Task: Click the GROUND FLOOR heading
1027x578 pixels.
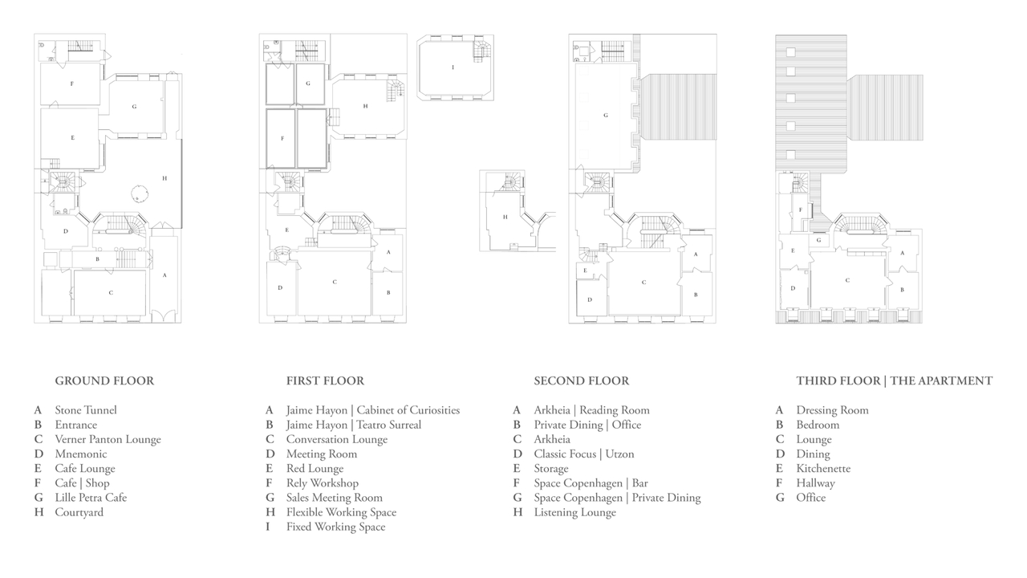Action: coord(104,381)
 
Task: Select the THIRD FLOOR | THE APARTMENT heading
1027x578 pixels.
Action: coord(894,381)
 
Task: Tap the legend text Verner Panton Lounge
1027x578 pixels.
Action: coord(108,439)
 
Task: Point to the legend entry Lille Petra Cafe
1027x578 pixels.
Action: coord(91,498)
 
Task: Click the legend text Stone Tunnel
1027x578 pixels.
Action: coord(86,410)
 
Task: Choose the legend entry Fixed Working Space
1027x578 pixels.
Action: coord(335,527)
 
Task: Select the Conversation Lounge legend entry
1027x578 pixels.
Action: coord(337,439)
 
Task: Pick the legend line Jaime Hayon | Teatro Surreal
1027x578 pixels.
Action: coord(354,425)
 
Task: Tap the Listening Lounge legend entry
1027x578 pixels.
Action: coord(575,512)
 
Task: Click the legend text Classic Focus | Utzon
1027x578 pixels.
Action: coord(584,454)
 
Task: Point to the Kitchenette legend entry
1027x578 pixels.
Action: coord(823,469)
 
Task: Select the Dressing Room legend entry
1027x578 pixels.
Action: coord(832,410)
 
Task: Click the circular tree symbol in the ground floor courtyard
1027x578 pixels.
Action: coord(140,193)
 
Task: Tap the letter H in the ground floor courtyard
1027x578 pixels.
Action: coord(164,178)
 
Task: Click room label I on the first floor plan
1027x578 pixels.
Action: coord(453,67)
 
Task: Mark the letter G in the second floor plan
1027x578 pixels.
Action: coord(606,115)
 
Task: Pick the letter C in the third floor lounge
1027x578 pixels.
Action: coord(847,280)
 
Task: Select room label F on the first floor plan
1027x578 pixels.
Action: coord(282,139)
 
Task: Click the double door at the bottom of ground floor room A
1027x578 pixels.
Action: coord(164,315)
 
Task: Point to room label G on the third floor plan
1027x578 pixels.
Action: coord(818,240)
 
